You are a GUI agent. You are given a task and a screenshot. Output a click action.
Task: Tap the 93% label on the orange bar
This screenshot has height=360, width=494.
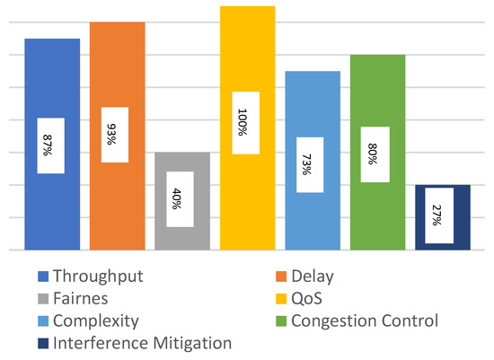click(x=115, y=135)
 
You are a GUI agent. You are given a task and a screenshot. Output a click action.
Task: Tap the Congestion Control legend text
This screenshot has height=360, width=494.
click(x=370, y=320)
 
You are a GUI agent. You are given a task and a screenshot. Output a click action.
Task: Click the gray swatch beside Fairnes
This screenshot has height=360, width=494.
click(x=42, y=298)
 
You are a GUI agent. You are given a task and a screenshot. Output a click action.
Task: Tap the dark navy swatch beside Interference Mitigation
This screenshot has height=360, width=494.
click(x=42, y=343)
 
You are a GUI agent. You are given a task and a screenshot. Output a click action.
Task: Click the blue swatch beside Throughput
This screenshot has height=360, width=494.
click(x=42, y=277)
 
